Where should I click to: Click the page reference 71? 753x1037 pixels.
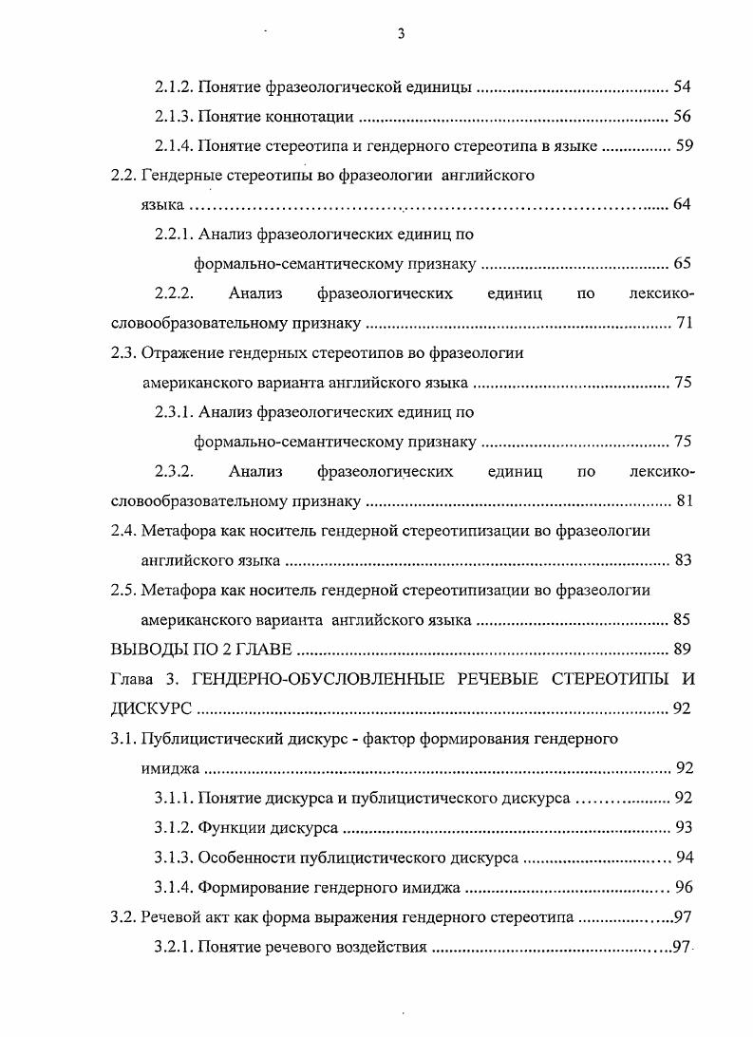click(x=685, y=323)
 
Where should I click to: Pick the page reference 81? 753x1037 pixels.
click(x=685, y=500)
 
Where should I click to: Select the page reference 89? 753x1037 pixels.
click(x=683, y=650)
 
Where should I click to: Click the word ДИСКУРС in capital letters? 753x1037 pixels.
click(x=152, y=708)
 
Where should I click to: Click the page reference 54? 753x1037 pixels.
click(x=682, y=87)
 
